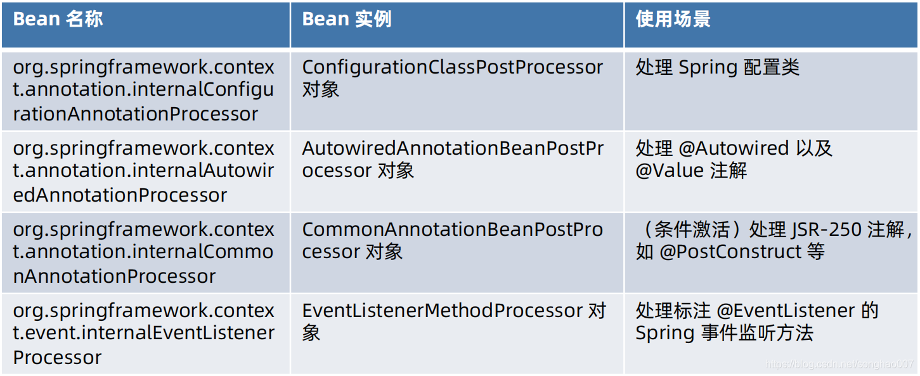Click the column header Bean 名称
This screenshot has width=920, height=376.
58,19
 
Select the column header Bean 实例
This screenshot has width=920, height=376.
347,19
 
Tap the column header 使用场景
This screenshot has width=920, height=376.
673,19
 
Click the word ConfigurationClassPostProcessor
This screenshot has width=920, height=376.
453,67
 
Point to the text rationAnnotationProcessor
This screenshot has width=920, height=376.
136,114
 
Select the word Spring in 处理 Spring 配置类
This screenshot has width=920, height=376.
708,68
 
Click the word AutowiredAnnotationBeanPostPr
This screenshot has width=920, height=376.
453,148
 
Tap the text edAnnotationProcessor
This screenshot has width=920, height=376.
120,195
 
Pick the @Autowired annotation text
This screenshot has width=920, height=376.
734,148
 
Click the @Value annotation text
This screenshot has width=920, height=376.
670,171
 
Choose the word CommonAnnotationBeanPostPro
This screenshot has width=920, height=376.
453,230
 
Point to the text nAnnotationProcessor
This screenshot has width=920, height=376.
114,276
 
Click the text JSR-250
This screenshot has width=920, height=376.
826,230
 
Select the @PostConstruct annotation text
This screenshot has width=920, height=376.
730,252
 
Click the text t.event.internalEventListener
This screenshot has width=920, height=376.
144,332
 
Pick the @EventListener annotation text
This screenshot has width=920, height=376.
786,310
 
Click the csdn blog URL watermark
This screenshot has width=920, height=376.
839,364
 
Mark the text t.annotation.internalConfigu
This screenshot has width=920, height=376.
143,89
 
